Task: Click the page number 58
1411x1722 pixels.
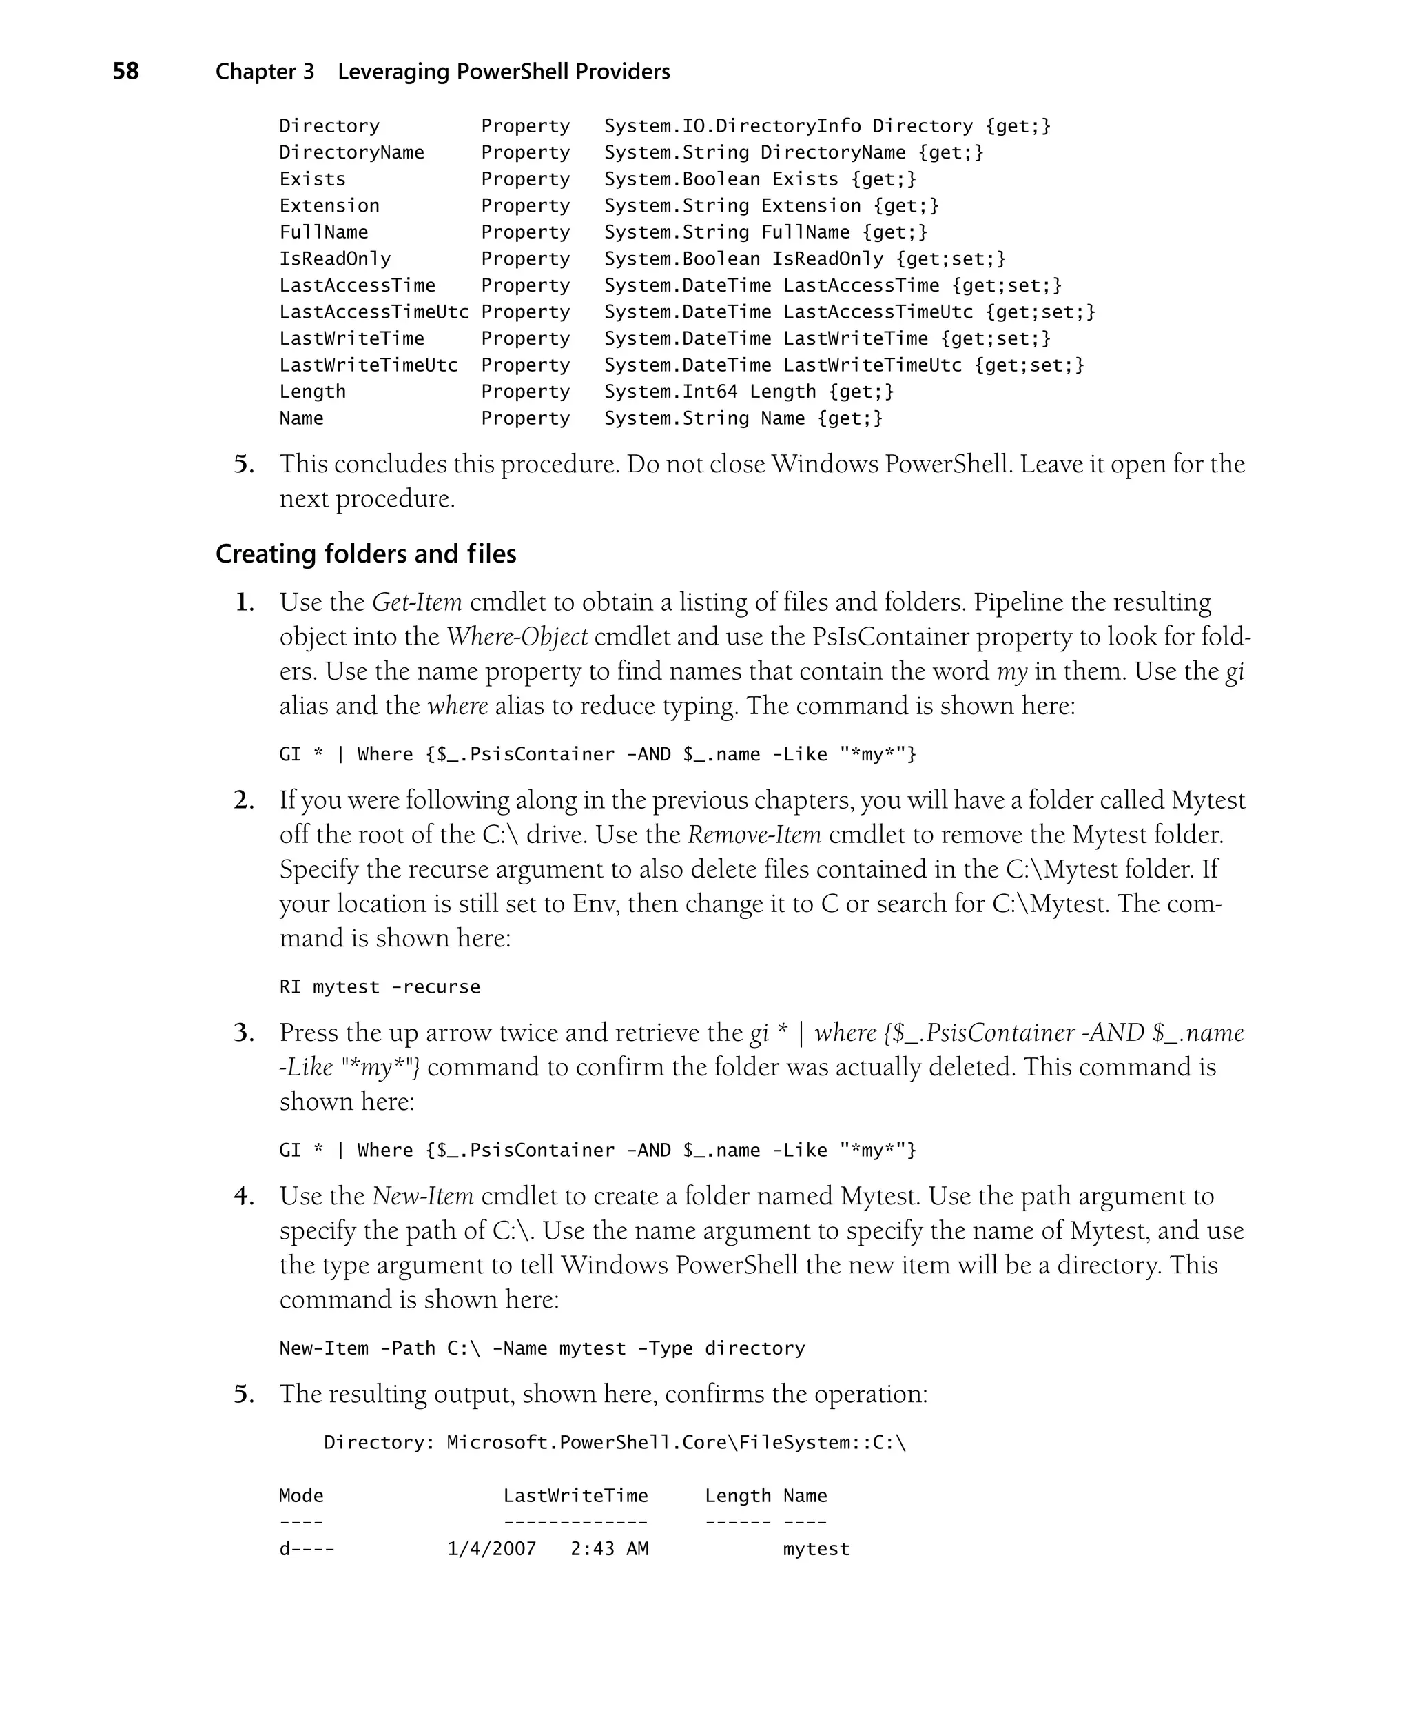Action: pyautogui.click(x=125, y=72)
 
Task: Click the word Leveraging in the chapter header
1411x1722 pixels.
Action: pyautogui.click(x=393, y=72)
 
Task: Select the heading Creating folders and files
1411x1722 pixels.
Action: pyautogui.click(x=366, y=554)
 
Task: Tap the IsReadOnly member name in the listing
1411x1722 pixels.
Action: pyautogui.click(x=335, y=259)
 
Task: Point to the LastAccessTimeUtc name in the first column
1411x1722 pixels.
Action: pyautogui.click(x=374, y=312)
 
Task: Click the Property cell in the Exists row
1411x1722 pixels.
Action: pyautogui.click(x=525, y=179)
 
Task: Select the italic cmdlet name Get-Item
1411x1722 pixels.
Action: pyautogui.click(x=417, y=602)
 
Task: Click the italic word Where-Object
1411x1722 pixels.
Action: pyautogui.click(x=517, y=636)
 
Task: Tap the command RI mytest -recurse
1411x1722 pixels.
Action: pyautogui.click(x=380, y=987)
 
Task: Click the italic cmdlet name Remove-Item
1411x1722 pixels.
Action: pyautogui.click(x=754, y=835)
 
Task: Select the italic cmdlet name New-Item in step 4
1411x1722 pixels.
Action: pyautogui.click(x=422, y=1196)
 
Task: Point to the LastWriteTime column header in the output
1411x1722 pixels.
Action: pyautogui.click(x=575, y=1496)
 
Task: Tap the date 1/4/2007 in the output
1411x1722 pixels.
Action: pyautogui.click(x=492, y=1549)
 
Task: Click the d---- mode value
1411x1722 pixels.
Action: pyautogui.click(x=307, y=1549)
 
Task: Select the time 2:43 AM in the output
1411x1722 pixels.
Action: pyautogui.click(x=609, y=1549)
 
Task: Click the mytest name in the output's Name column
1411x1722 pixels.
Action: pyautogui.click(x=816, y=1549)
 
